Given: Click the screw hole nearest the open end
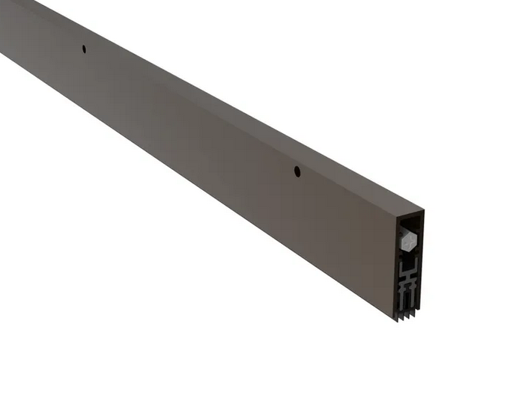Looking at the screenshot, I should click(x=297, y=171).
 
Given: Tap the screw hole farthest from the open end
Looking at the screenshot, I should click(x=84, y=49).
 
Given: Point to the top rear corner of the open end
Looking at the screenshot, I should click(x=425, y=209).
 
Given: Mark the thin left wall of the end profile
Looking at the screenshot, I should click(x=399, y=262).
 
